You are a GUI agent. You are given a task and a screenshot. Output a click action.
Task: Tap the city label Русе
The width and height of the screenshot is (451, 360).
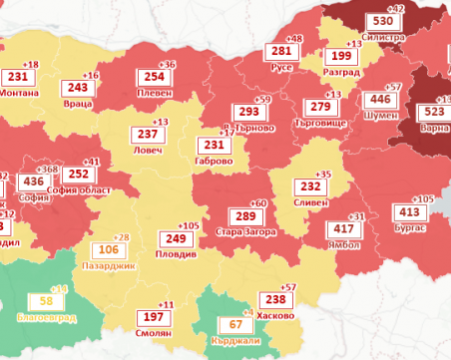click(x=281, y=70)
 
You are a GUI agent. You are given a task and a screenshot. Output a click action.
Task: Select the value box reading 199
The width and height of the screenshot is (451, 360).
click(x=340, y=58)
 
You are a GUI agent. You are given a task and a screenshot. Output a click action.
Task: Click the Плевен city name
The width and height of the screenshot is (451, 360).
click(x=155, y=93)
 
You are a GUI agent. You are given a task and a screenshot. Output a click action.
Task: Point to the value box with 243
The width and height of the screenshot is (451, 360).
click(x=79, y=89)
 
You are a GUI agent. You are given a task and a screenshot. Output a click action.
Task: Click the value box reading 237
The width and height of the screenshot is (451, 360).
click(x=148, y=135)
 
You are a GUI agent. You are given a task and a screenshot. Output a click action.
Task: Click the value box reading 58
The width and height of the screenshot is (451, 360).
click(x=45, y=301)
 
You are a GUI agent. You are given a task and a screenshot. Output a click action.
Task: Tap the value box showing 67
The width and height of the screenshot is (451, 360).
click(x=236, y=324)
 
